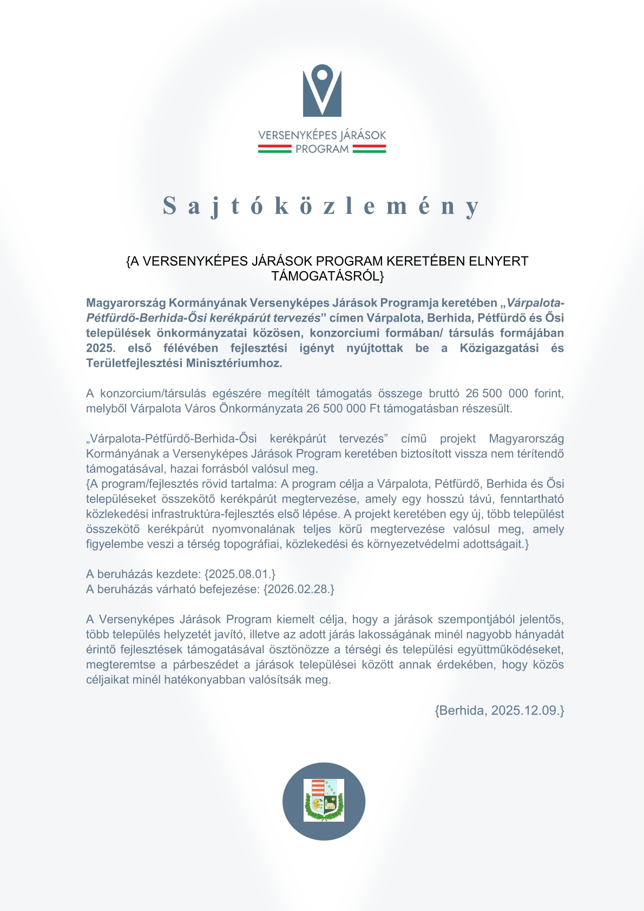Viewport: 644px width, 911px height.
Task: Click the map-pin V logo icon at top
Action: tap(322, 90)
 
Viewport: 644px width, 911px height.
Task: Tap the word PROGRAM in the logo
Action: tap(322, 149)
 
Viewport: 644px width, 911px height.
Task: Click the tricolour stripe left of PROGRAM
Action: tap(274, 149)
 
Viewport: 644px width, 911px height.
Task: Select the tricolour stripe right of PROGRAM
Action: tap(369, 149)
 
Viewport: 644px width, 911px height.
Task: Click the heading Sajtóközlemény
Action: tap(321, 206)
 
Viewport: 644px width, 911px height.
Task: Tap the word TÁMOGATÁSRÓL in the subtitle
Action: tap(327, 276)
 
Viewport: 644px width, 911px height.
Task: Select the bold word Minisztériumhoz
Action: tap(234, 363)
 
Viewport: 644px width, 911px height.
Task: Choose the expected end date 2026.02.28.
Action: tap(299, 589)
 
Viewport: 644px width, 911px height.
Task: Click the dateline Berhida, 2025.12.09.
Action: tap(500, 711)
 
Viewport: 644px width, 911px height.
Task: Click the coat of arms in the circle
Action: tap(324, 800)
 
